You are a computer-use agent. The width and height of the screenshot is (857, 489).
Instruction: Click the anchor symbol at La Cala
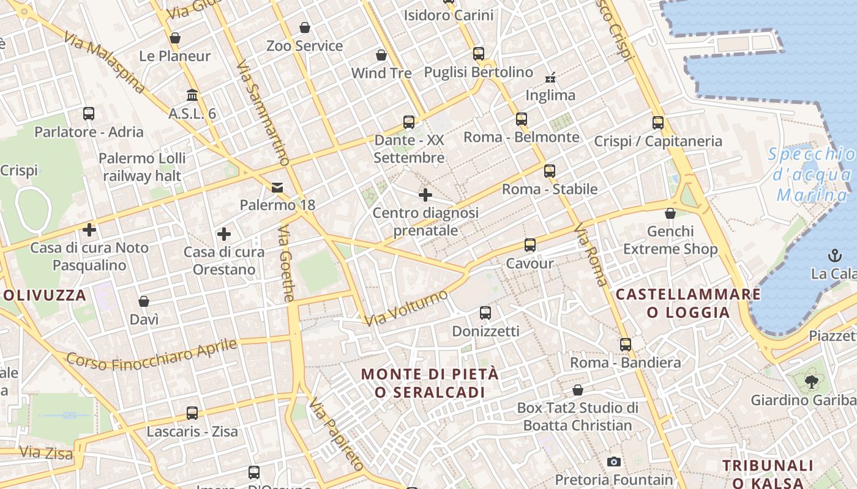834,255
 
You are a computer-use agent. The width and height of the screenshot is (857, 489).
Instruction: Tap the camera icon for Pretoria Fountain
613,461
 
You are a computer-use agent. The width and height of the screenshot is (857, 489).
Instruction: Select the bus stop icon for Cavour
530,245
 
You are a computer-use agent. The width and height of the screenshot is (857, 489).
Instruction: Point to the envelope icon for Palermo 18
278,187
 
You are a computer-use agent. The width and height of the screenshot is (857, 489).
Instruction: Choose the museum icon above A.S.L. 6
192,95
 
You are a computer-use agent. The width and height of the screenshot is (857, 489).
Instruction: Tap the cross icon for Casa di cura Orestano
224,234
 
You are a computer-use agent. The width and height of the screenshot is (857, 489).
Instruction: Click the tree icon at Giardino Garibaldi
812,383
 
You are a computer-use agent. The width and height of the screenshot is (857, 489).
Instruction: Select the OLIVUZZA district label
45,295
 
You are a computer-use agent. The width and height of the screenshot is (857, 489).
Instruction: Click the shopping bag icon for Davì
144,301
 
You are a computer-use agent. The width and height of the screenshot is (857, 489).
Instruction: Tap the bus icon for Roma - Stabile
550,171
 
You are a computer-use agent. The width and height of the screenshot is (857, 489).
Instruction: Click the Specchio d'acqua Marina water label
811,175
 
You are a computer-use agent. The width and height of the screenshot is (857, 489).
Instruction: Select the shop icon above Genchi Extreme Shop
670,213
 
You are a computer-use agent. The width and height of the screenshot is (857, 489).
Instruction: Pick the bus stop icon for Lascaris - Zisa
192,413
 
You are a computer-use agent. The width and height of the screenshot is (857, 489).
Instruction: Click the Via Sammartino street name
263,113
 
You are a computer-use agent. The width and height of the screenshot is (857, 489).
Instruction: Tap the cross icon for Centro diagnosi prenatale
425,195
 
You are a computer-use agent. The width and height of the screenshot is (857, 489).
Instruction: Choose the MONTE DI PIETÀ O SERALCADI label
430,383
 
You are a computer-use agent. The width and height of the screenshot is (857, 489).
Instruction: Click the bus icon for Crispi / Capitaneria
658,123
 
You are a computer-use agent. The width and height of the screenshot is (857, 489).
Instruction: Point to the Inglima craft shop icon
550,77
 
